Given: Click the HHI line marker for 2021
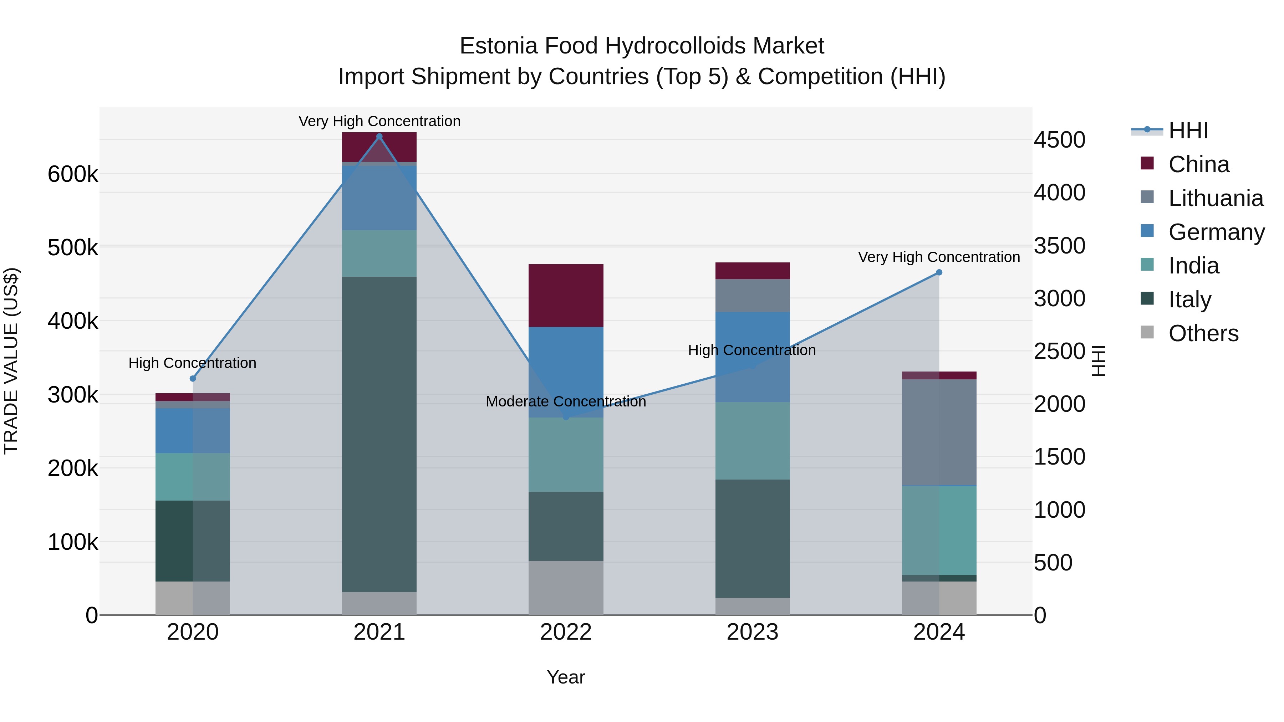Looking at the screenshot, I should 379,137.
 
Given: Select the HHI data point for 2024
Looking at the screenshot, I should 939,272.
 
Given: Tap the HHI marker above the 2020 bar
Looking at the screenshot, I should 193,379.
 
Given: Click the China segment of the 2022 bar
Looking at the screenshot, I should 566,296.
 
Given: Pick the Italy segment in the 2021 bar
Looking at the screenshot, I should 379,434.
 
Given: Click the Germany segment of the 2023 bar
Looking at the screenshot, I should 753,357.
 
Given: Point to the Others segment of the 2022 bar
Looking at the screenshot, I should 566,588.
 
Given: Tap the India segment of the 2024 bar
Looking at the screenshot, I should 939,530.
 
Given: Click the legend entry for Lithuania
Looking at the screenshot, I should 1215,198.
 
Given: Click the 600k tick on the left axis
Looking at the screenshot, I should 73,174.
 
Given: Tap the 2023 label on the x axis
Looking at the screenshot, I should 753,632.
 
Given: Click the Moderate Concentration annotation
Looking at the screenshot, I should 566,401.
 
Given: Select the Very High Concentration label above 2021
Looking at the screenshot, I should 379,121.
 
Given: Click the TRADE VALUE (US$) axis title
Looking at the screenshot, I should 11,361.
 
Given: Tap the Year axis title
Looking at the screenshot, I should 566,677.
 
